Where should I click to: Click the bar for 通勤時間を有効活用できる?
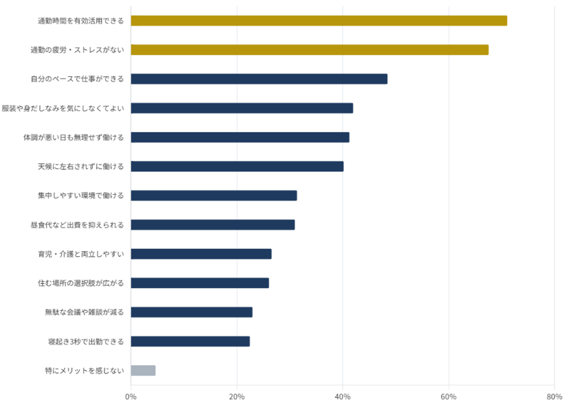click(319, 21)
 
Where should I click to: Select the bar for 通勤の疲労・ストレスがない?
click(310, 50)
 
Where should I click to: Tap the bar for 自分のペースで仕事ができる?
click(259, 79)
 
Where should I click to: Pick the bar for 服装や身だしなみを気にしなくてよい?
click(242, 108)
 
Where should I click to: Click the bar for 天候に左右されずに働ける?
click(237, 166)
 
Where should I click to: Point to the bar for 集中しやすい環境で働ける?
click(214, 196)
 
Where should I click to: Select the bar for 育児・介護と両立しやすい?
click(201, 254)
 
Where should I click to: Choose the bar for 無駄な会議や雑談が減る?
click(192, 312)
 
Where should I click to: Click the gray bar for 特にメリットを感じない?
click(143, 370)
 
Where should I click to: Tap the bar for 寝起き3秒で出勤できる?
click(190, 341)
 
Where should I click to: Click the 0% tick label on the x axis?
click(131, 397)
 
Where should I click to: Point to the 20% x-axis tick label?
click(237, 397)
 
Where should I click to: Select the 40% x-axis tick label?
click(343, 397)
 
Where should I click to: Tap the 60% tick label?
click(448, 397)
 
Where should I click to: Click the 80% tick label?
click(554, 397)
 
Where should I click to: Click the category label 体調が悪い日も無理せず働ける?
click(74, 137)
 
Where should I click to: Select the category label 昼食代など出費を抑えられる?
click(77, 225)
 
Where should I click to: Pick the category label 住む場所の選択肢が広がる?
click(81, 283)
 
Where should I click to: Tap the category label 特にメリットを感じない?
click(84, 370)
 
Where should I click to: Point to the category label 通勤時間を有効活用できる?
click(81, 21)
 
